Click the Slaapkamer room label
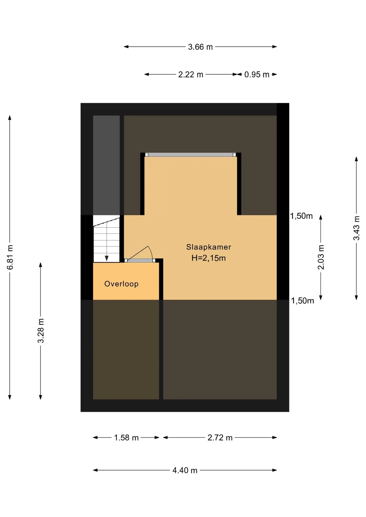pos(208,247)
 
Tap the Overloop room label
pos(121,284)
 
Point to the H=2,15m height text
pos(208,258)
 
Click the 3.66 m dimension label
pos(200,47)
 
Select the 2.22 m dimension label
pos(191,74)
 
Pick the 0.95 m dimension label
pos(257,74)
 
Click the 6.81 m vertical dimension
pos(10,257)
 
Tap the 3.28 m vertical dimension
pos(41,331)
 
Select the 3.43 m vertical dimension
pos(356,228)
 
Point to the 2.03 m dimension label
pos(321,257)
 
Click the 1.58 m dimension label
pos(126,438)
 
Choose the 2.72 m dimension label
pos(220,438)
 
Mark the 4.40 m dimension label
pos(185,470)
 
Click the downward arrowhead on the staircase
pos(107,258)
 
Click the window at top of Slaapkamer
pos(191,155)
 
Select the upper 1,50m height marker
pos(301,216)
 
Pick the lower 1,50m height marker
pos(302,301)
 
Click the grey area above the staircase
pos(106,165)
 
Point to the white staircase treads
pos(106,239)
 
